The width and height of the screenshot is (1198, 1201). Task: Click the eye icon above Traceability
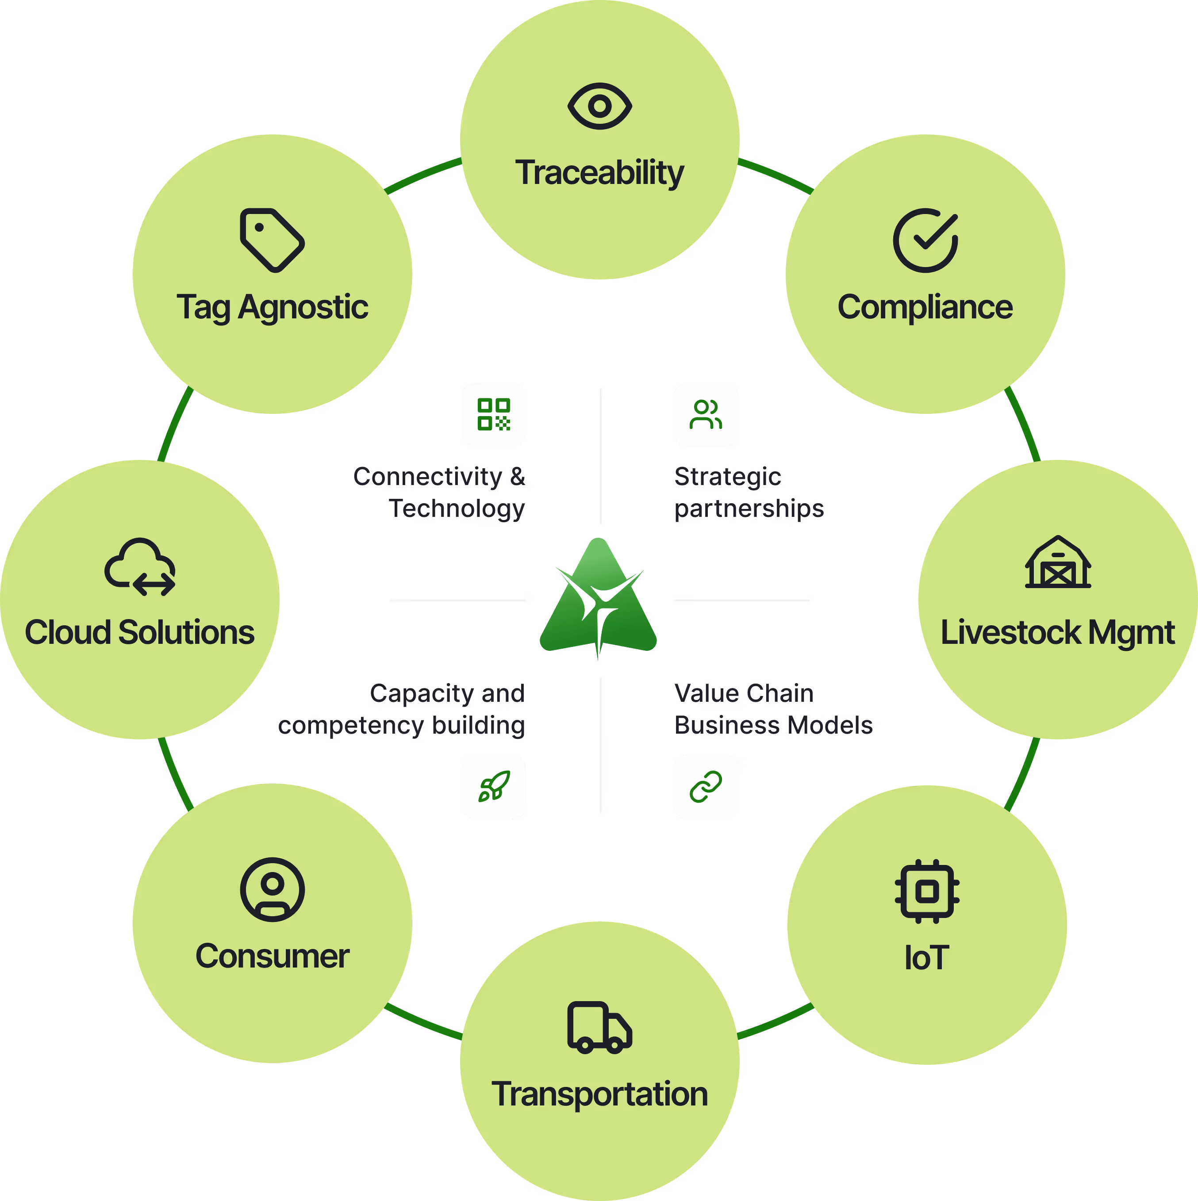[599, 106]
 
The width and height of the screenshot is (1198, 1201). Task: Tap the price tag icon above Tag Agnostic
[272, 241]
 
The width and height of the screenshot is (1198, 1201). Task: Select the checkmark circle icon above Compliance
[925, 241]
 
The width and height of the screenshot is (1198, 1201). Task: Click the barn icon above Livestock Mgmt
[1057, 562]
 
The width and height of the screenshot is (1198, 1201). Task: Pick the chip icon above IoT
[927, 891]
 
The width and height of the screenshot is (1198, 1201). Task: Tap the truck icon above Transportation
[599, 1028]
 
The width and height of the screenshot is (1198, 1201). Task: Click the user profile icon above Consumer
[272, 890]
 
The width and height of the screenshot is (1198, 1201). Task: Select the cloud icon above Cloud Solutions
[140, 567]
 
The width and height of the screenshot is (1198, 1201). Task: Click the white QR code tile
[494, 414]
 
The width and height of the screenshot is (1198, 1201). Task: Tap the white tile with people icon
[705, 414]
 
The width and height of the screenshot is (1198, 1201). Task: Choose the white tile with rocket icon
[494, 786]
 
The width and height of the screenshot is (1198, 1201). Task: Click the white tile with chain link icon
[705, 786]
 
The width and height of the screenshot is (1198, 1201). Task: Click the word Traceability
[599, 173]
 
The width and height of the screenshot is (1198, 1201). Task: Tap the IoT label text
[927, 957]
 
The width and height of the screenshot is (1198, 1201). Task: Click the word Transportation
[599, 1094]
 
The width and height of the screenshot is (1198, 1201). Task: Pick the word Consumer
[272, 956]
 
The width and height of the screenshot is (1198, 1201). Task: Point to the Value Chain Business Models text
[773, 709]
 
